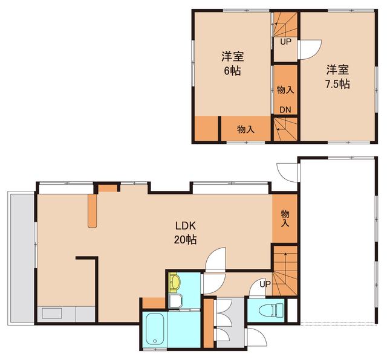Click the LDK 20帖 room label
(x=186, y=233)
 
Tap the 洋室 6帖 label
(x=232, y=63)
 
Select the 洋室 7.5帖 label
(x=337, y=77)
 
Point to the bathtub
(x=155, y=330)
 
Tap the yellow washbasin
(x=175, y=282)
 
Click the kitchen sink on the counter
(x=52, y=313)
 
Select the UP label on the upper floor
(x=285, y=42)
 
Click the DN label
(x=285, y=110)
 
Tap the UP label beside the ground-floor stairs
(x=265, y=284)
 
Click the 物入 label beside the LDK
(x=285, y=218)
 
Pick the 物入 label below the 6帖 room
(x=246, y=129)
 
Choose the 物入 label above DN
(x=285, y=90)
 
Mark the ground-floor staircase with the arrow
(x=285, y=270)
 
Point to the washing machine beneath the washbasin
(x=175, y=301)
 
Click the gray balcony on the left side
(x=21, y=258)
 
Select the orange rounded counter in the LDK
(x=93, y=211)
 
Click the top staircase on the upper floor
(x=285, y=25)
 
